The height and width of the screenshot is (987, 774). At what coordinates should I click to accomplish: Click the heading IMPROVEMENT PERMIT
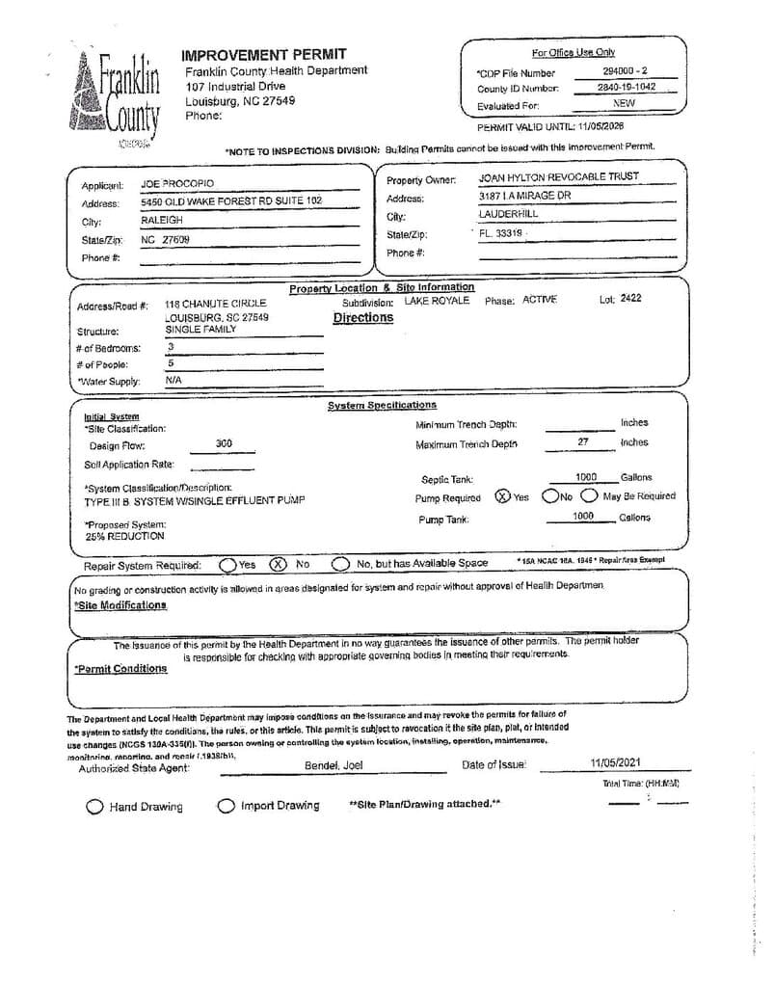(264, 54)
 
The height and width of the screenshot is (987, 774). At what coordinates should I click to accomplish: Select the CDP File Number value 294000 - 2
(626, 71)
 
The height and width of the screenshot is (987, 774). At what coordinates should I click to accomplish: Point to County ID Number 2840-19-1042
(626, 87)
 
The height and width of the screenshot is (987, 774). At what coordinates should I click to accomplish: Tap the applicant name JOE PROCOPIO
(177, 183)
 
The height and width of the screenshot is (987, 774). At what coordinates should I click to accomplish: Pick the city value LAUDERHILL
(509, 214)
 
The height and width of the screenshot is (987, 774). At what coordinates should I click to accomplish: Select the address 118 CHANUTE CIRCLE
(216, 303)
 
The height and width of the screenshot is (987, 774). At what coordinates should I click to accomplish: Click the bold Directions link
(363, 318)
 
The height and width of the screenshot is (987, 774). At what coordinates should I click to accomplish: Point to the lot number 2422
(630, 299)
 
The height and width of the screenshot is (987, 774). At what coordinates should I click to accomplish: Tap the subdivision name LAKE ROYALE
(437, 301)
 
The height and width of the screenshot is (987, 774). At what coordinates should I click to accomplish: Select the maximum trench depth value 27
(583, 441)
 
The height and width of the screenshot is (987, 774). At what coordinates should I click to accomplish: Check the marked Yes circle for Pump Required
(502, 496)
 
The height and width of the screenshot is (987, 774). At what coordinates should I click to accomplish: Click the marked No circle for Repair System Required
(278, 564)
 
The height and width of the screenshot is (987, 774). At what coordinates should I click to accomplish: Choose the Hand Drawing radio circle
(94, 807)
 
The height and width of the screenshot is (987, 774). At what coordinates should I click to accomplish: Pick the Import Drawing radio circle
(226, 806)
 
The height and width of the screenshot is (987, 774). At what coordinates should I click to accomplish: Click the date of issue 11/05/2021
(615, 763)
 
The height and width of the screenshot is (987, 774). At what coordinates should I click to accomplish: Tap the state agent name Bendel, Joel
(334, 765)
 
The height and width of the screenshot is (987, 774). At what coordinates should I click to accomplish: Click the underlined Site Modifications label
(120, 605)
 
